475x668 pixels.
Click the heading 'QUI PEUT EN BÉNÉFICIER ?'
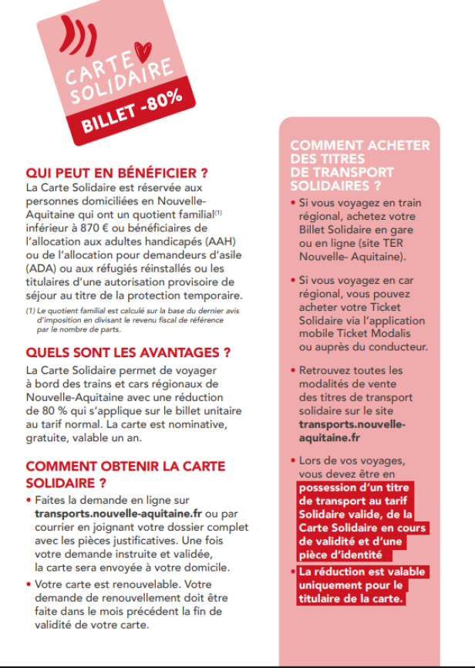(116, 173)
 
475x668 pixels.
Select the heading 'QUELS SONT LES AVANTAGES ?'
(128, 353)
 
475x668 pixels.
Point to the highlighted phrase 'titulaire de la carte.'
(352, 598)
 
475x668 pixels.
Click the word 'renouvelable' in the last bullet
(141, 584)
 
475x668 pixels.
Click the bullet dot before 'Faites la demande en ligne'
(29, 501)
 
